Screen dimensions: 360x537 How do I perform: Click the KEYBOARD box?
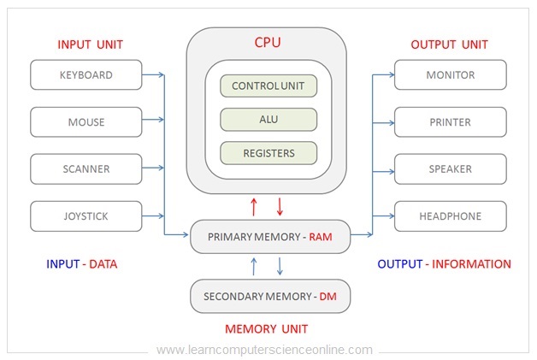point(86,75)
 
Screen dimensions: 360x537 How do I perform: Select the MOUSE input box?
point(86,122)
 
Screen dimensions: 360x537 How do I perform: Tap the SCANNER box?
point(86,169)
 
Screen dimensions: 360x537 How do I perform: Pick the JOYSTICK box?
point(86,216)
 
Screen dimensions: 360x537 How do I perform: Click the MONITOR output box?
point(450,75)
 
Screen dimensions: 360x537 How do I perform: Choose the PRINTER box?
point(450,122)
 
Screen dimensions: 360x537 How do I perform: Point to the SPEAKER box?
point(450,169)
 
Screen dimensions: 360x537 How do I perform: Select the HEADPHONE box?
point(450,216)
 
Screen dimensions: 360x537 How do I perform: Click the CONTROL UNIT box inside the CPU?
point(268,86)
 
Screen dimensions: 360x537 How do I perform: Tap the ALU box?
point(268,120)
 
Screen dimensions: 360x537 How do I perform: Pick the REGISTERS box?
point(268,153)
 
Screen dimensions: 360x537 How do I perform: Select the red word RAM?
point(320,236)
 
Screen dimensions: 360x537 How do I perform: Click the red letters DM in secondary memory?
point(328,297)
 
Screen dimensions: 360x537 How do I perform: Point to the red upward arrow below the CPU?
point(253,206)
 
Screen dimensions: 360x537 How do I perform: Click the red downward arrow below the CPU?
point(280,206)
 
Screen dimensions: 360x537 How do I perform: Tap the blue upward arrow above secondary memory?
point(253,267)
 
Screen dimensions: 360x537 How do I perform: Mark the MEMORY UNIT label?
point(266,328)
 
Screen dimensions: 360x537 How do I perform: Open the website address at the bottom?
point(265,350)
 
